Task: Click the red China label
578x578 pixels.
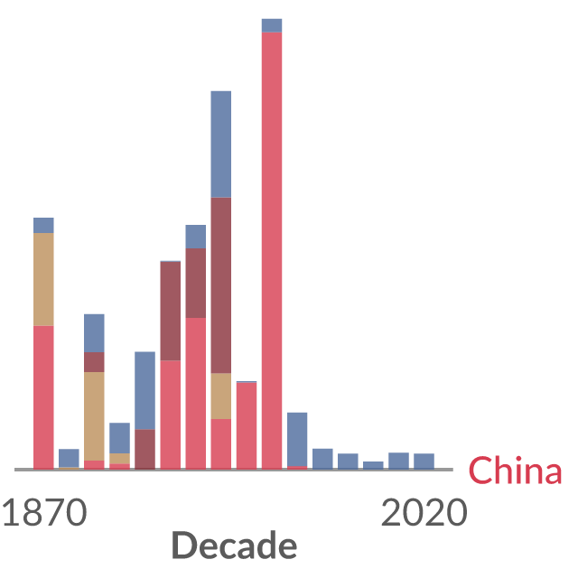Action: (515, 470)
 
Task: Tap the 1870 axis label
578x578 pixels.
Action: (44, 512)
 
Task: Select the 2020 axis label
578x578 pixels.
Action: (424, 512)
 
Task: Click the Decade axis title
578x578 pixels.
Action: (234, 545)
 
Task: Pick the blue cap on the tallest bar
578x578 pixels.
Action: (272, 25)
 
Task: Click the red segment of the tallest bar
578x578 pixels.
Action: (272, 251)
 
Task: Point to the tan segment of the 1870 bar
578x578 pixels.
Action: (43, 279)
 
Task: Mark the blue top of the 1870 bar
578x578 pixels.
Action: (43, 225)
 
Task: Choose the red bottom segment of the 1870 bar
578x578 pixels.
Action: (43, 397)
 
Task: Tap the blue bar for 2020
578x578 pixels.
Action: (424, 461)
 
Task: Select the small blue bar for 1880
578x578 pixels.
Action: (69, 458)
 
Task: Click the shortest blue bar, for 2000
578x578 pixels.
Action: (373, 465)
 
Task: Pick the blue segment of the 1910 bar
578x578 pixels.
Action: (144, 391)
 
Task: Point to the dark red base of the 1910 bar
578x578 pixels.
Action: (144, 450)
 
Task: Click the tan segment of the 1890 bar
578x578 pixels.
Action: (94, 416)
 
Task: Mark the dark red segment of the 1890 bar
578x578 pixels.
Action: (94, 362)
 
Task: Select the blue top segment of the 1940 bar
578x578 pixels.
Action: (221, 144)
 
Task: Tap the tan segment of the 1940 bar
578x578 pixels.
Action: (221, 396)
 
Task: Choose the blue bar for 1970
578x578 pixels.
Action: (297, 440)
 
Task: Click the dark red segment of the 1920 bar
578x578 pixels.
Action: (171, 311)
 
